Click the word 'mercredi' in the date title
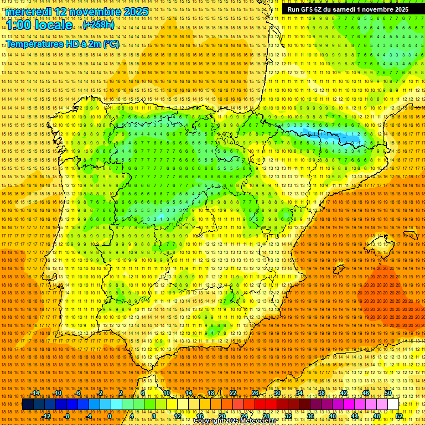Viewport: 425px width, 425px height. click(28, 12)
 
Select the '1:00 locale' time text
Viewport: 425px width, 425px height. click(39, 25)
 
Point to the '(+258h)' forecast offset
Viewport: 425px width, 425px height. click(99, 25)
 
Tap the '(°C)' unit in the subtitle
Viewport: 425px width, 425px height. click(111, 44)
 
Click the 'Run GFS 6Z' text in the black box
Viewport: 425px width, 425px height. click(306, 9)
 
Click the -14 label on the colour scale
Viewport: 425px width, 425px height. click(35, 393)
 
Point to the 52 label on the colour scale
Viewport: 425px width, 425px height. click(399, 416)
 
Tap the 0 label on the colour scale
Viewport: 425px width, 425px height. click(110, 416)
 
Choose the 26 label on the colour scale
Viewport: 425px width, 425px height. click(255, 393)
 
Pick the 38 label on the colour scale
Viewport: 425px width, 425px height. click(321, 393)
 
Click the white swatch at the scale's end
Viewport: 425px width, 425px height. click(393, 405)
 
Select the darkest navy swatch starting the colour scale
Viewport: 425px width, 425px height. click(28, 405)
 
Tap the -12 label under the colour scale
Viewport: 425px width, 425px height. click(46, 416)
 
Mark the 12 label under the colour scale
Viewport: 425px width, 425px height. click(178, 416)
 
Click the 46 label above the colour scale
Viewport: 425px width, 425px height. click(365, 393)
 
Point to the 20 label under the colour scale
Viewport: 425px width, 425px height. click(222, 416)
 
